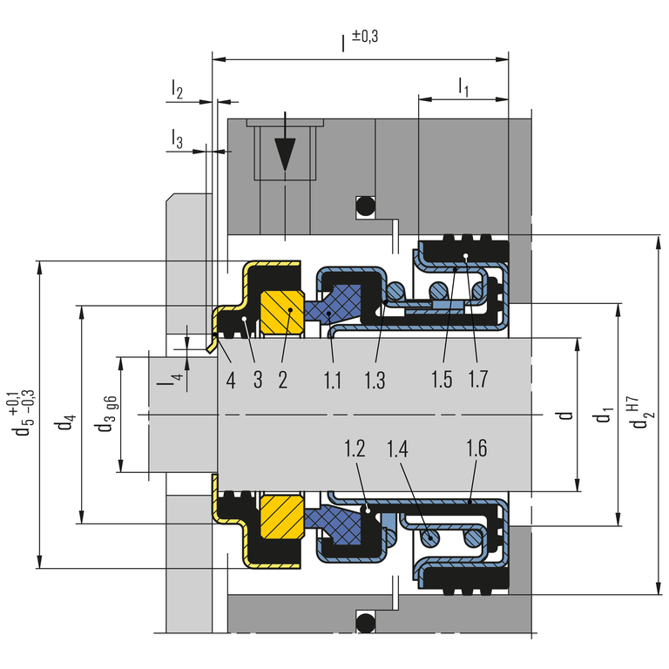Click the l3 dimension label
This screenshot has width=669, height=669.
[x=177, y=139]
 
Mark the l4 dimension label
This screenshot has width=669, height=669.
[x=177, y=380]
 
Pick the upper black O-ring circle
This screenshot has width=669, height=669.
[x=364, y=206]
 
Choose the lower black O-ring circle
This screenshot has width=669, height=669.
[x=364, y=622]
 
